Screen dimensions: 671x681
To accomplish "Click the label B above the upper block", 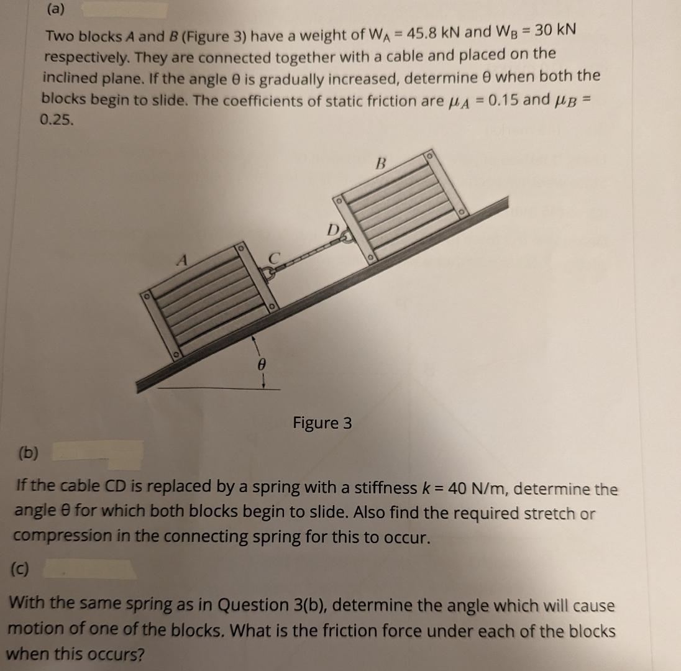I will click(x=382, y=165).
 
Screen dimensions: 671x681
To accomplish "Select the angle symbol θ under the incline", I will click(x=262, y=367).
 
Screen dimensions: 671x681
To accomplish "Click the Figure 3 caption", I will click(x=322, y=423).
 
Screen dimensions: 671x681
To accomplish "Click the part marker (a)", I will click(x=57, y=9).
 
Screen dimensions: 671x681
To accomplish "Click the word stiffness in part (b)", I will click(x=385, y=487).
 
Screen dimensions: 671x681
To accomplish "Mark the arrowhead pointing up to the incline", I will click(x=253, y=339).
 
